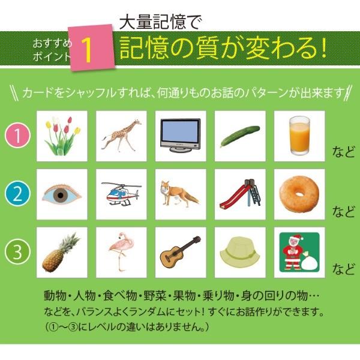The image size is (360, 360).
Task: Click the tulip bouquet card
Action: (62, 136)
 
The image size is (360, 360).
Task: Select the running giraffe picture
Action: (121, 136)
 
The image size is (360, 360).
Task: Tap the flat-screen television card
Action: (180, 136)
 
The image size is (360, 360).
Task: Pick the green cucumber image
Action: (239, 136)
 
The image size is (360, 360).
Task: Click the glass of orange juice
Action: (298, 136)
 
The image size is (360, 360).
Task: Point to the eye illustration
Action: (62, 194)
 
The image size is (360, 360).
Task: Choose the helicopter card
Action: (121, 194)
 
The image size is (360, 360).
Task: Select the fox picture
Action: (180, 194)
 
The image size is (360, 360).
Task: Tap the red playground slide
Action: (239, 194)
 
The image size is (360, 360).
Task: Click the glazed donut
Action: (298, 194)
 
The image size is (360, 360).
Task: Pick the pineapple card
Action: (62, 252)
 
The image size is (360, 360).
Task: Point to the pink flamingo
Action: (121, 252)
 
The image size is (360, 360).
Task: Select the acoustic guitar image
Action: (180, 252)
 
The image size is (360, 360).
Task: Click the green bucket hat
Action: (239, 252)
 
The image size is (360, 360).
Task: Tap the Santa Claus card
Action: (298, 252)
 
